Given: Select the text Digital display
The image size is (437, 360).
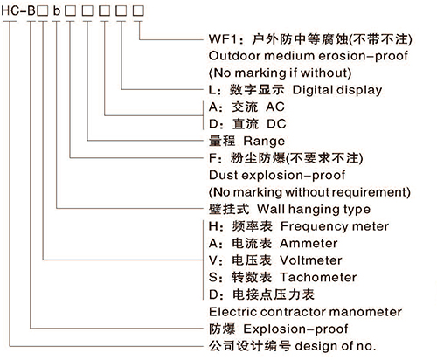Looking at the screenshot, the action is tap(337, 90).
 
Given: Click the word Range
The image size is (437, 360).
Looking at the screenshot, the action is tap(264, 142).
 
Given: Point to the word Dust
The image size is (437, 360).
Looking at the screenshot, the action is tap(223, 176).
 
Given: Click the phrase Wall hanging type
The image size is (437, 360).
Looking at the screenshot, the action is tap(314, 210).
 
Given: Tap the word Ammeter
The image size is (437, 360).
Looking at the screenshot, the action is tap(309, 244).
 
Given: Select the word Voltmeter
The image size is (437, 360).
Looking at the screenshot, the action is tap(311, 260).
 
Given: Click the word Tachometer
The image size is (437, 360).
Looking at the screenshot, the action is tap(318, 278).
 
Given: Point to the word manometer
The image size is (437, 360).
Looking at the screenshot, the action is tap(366, 312).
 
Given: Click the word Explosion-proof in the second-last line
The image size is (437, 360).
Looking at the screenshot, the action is tap(295, 329).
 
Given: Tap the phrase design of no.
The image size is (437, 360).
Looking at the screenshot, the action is tap(336, 346).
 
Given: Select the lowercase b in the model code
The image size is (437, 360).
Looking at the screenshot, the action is tap(57, 10).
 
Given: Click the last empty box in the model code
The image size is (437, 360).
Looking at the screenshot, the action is tap(138, 10).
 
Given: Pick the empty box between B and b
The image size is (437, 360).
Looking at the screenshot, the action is tap(43, 10).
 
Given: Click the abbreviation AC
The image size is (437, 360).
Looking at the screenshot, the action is tap(275, 107).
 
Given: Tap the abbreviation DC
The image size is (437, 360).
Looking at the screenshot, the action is tap(276, 124).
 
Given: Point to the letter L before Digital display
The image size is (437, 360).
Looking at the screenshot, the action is tap(212, 90).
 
